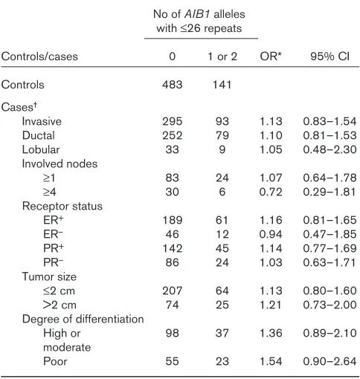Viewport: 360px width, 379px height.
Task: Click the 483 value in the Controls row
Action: (x=173, y=85)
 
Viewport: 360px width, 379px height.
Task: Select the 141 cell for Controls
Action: (x=222, y=85)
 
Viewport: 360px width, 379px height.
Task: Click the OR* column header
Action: (x=271, y=56)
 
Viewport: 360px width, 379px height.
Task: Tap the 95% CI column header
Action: (x=330, y=56)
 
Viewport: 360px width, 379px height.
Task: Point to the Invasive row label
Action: (x=42, y=121)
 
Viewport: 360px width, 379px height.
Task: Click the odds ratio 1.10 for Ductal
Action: (x=271, y=135)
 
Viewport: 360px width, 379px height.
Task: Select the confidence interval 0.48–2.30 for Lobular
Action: (x=330, y=149)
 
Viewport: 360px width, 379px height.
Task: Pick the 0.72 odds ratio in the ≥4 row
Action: (x=271, y=192)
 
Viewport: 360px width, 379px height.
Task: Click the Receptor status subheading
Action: (x=62, y=207)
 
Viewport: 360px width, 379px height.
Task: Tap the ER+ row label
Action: (x=54, y=220)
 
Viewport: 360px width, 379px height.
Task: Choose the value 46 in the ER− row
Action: (x=173, y=234)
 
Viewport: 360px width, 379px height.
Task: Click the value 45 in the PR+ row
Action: (x=222, y=248)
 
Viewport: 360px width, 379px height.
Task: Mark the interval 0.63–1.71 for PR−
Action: (x=330, y=262)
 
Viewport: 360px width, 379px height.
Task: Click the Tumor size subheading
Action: (x=49, y=276)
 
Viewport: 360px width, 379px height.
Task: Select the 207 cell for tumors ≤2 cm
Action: (x=173, y=291)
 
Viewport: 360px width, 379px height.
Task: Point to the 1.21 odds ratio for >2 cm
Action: (x=271, y=305)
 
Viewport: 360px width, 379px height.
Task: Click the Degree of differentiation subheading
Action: (x=83, y=320)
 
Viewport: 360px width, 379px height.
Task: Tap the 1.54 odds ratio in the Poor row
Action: (x=271, y=361)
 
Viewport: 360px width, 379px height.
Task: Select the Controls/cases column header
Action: (x=39, y=56)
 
